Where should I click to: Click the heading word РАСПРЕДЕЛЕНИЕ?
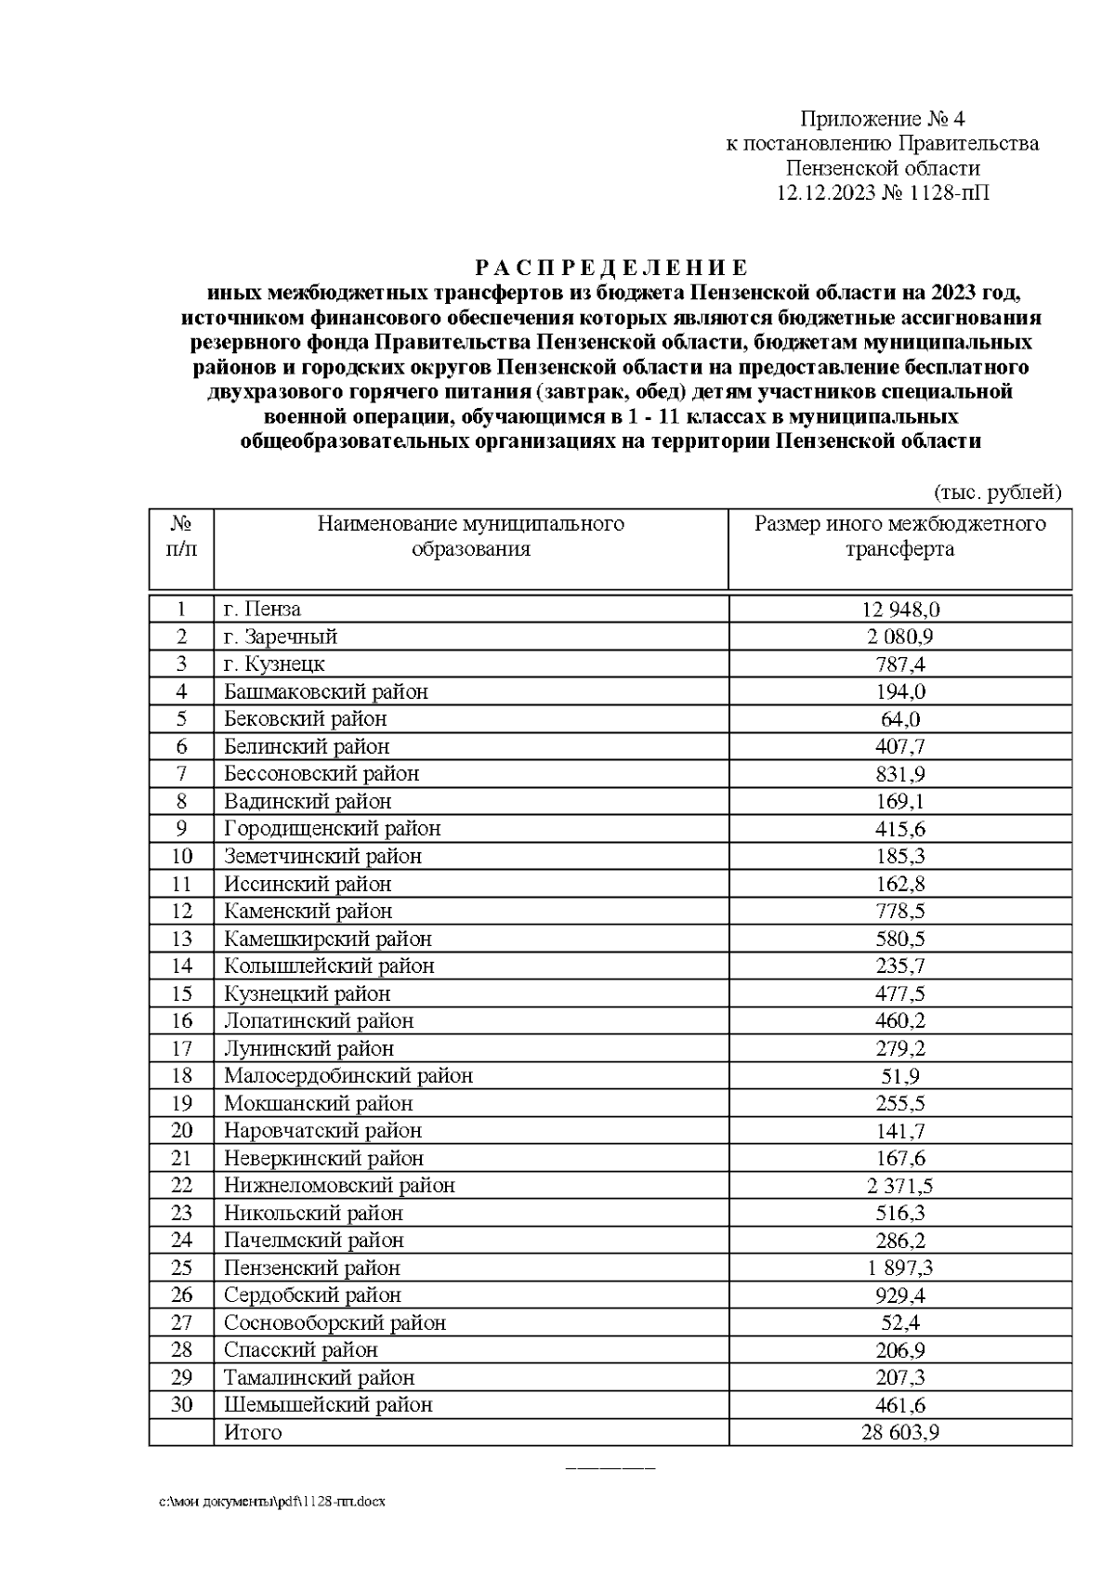(x=610, y=269)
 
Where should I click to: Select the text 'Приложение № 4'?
(x=883, y=119)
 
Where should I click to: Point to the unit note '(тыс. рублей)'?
(x=997, y=492)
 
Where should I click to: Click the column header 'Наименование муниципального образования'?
(x=470, y=536)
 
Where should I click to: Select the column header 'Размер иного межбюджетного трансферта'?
(x=899, y=536)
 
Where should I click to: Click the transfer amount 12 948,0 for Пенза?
(x=899, y=610)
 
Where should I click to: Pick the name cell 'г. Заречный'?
(x=281, y=637)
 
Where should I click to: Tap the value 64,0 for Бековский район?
(x=899, y=719)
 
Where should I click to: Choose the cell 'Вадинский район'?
(x=308, y=801)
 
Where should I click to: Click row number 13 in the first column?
(x=181, y=939)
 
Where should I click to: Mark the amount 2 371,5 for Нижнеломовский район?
(x=899, y=1186)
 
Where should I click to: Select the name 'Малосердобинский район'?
(x=348, y=1076)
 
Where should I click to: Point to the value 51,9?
(x=899, y=1076)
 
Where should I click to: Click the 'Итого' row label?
(x=253, y=1432)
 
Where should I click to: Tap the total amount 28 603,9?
(x=899, y=1432)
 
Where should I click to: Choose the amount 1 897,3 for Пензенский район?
(x=899, y=1268)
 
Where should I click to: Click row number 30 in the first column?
(x=181, y=1404)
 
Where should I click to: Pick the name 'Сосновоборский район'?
(x=334, y=1322)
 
